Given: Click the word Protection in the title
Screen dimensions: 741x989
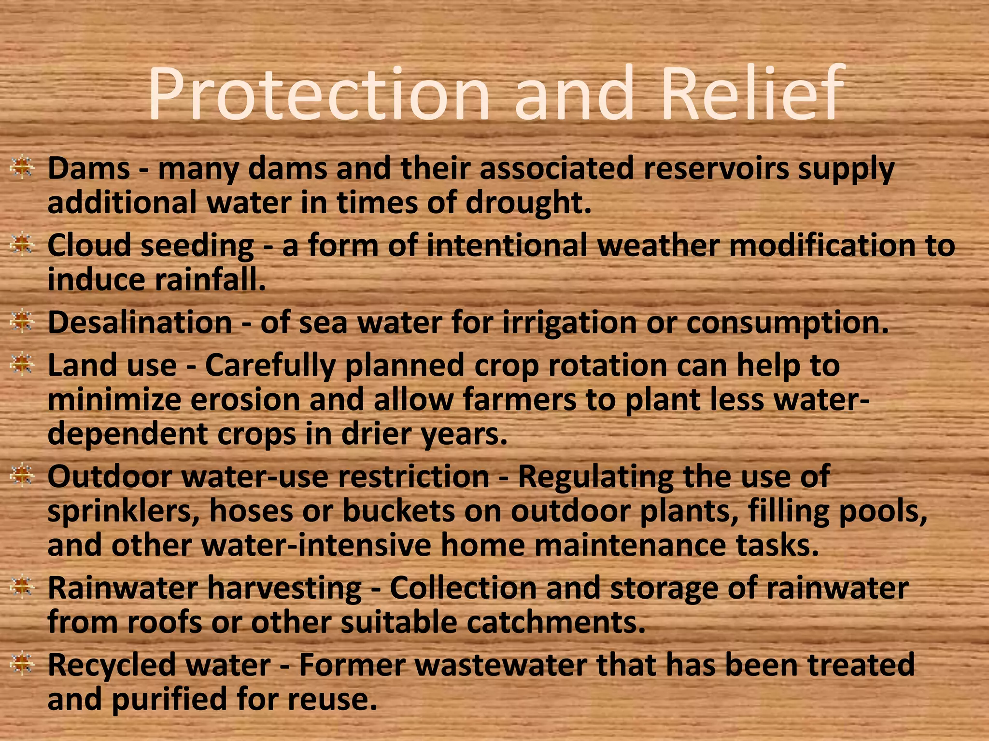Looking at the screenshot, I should pos(319,94).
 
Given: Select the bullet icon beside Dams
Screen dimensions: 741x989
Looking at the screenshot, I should pos(21,168).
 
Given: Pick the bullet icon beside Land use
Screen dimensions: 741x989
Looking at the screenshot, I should pos(21,365).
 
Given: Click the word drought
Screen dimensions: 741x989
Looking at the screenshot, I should pos(528,203).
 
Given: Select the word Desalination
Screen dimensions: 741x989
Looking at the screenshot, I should pos(140,322).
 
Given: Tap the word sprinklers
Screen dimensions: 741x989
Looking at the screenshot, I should pos(124,511).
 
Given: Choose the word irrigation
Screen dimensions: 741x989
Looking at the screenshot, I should pos(569,322).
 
